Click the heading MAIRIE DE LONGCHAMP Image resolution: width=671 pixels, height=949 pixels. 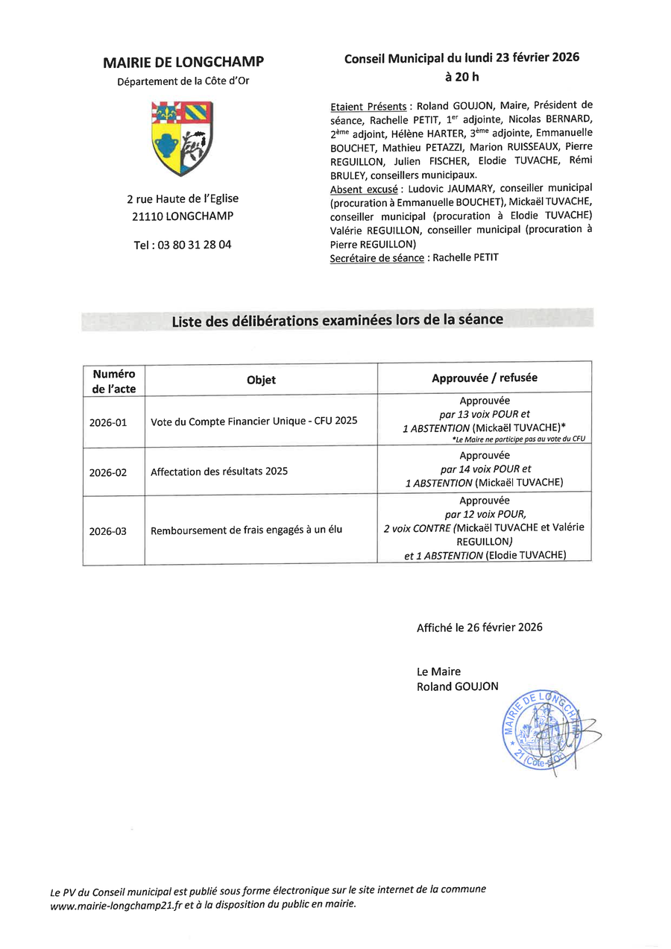coord(183,63)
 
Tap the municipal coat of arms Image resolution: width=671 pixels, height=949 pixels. coord(183,139)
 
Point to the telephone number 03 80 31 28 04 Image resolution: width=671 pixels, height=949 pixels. coord(183,244)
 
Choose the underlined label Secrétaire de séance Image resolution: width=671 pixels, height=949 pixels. coord(377,257)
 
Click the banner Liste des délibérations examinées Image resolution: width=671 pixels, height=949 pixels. coord(337,320)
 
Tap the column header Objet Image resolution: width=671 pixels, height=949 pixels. coord(261,380)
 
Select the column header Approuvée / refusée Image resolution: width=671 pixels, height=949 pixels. coord(484,378)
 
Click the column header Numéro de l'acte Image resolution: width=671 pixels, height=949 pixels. coord(113,380)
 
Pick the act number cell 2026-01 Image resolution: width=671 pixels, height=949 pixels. coord(108,422)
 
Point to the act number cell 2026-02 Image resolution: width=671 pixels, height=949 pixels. coord(108,472)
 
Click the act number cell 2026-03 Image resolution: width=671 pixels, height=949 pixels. coord(108,531)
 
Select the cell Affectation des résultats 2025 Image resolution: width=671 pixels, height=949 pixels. coord(219,472)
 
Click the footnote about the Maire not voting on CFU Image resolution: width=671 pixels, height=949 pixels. coord(518,439)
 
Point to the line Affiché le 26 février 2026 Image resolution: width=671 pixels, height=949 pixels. coord(479,627)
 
